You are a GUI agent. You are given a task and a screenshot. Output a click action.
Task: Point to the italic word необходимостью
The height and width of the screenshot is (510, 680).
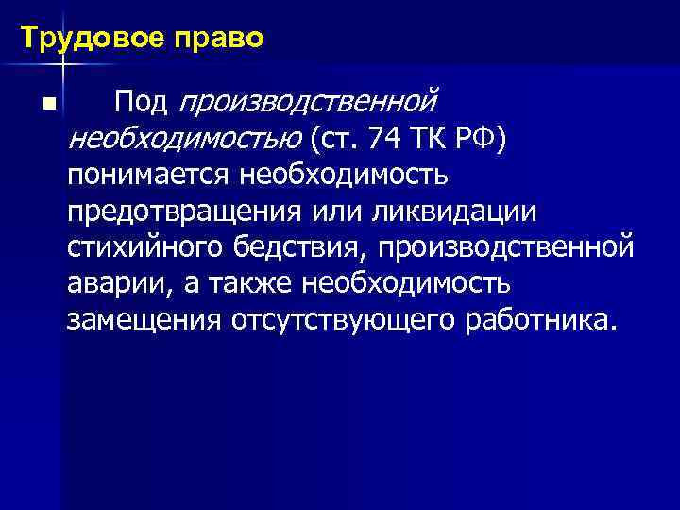pos(184,139)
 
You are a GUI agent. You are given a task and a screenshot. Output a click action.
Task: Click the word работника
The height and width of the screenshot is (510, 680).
pos(541,320)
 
